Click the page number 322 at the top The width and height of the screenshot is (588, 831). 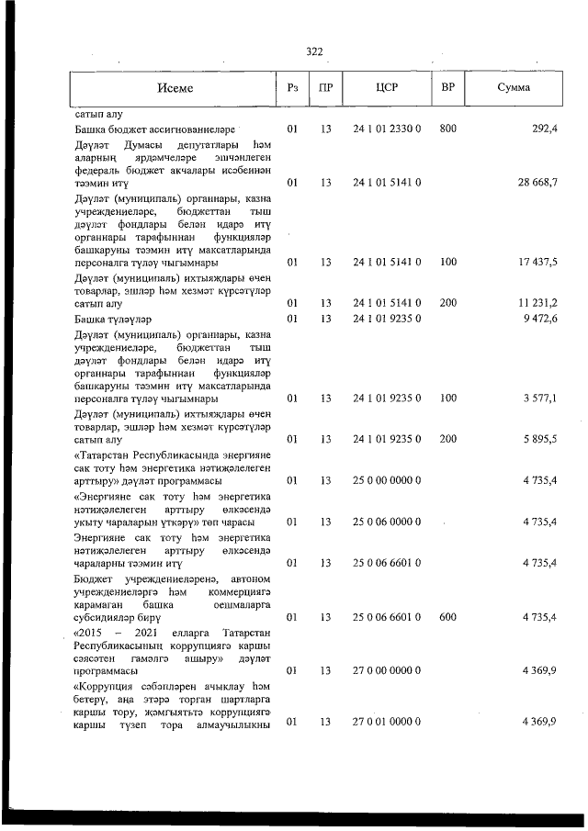(x=314, y=51)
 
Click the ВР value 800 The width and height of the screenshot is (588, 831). (x=448, y=129)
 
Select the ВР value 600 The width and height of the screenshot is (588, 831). (x=448, y=618)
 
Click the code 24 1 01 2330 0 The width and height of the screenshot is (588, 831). (x=387, y=129)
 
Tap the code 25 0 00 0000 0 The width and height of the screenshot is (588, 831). (x=387, y=480)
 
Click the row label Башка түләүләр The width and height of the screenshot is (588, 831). (x=110, y=319)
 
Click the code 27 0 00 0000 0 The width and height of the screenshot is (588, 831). (x=387, y=671)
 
